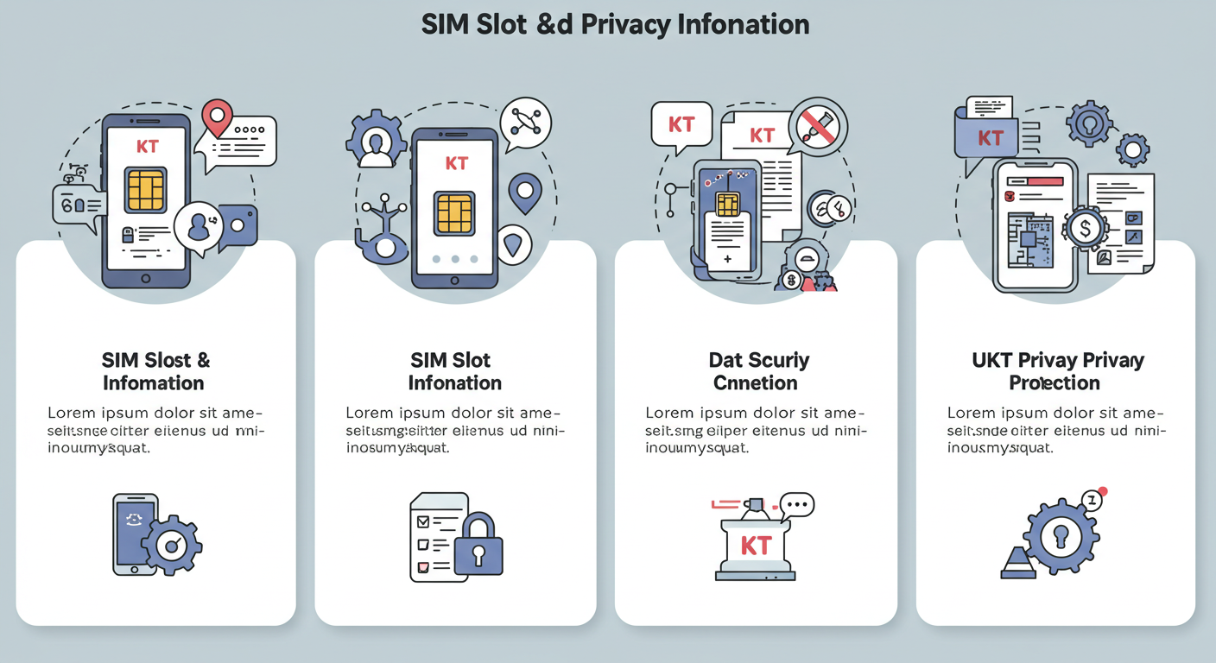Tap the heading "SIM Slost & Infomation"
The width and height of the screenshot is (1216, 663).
pos(155,371)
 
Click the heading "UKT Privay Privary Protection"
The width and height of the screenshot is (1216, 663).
pos(1057,371)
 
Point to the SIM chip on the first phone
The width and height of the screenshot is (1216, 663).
pos(145,190)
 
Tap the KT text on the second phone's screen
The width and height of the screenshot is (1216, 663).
pos(455,162)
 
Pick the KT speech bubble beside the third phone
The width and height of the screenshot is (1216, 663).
pos(681,124)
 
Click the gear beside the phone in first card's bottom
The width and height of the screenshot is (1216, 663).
pos(173,545)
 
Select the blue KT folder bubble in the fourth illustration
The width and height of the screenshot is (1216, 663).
pos(988,138)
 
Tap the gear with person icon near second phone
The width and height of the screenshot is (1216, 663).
pos(376,140)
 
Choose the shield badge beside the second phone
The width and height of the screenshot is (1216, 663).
pos(512,245)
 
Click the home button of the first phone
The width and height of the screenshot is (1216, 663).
pos(145,279)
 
